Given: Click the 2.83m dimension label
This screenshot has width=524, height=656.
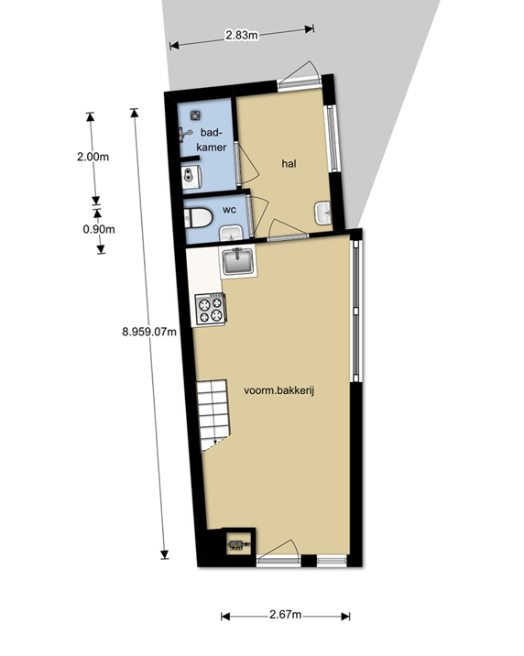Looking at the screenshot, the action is (x=242, y=36).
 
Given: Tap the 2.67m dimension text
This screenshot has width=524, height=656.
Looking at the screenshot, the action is (x=285, y=614).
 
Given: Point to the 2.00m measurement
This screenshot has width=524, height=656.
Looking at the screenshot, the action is (x=93, y=157).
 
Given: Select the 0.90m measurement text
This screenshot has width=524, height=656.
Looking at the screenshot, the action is (x=99, y=229).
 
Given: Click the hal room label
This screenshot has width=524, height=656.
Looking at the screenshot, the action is (x=289, y=163).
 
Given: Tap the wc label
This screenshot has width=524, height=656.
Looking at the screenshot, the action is (x=229, y=210).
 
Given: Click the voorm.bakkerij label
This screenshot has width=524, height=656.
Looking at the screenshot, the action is (x=278, y=390).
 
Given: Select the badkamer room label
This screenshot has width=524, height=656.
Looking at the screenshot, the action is (x=212, y=140).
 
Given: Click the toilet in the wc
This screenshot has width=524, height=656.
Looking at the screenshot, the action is (x=198, y=218).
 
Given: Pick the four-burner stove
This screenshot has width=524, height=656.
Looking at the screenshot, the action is (x=211, y=310).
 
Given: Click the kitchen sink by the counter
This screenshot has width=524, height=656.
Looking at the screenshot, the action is (x=237, y=262).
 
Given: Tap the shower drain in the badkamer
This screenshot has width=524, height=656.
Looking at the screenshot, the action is (x=194, y=115).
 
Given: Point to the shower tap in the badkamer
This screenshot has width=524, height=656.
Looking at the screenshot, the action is (x=184, y=135).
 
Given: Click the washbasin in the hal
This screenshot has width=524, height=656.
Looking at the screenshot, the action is (x=322, y=213).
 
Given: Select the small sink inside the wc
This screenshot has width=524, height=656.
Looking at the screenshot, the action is (x=231, y=233).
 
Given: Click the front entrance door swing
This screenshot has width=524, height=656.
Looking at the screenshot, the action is (x=279, y=550).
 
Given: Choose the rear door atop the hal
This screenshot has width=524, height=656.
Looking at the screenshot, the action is (x=300, y=75).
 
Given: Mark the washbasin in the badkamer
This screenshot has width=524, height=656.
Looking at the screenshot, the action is (x=192, y=176).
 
